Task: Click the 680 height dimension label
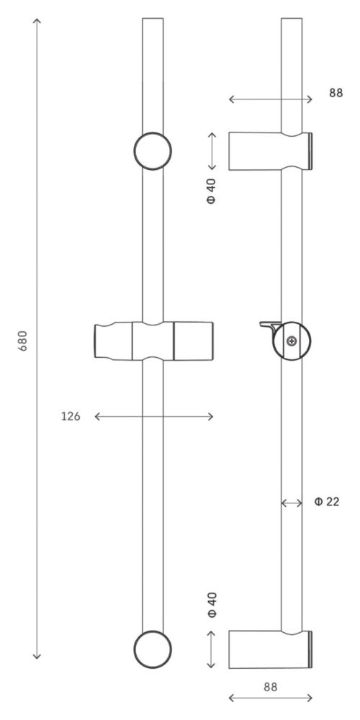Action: click(x=23, y=341)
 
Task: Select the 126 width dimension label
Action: click(x=71, y=416)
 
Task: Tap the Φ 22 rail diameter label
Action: click(x=327, y=501)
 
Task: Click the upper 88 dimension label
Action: click(x=336, y=93)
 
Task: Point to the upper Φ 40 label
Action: click(x=211, y=191)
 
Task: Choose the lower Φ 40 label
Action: click(x=211, y=605)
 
